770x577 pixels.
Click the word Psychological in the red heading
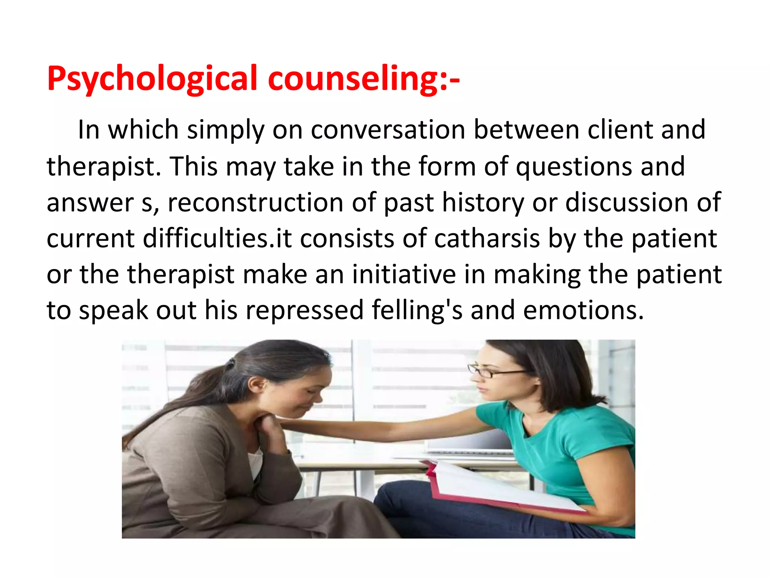(x=152, y=79)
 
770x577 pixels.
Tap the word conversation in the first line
(x=387, y=130)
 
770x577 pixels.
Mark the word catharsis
(x=487, y=239)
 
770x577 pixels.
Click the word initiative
(x=404, y=275)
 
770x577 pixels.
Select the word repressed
(x=305, y=311)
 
